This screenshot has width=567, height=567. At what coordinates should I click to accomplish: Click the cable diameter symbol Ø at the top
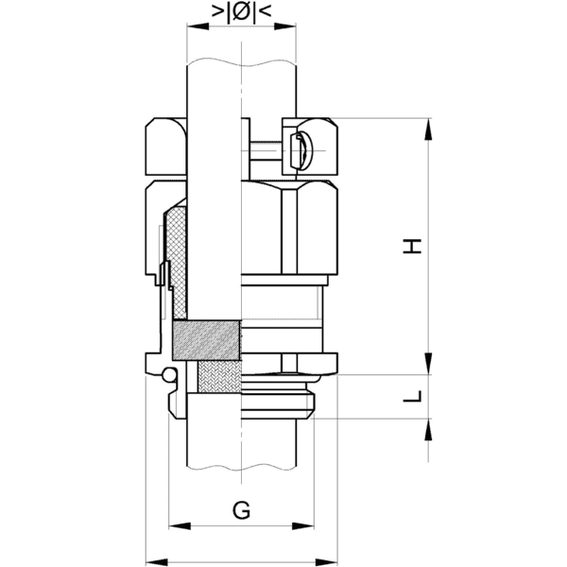[240, 13]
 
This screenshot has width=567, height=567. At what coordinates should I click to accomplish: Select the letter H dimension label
[411, 247]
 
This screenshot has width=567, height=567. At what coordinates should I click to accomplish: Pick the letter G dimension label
[241, 511]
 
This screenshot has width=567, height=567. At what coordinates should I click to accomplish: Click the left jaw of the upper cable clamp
[164, 146]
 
